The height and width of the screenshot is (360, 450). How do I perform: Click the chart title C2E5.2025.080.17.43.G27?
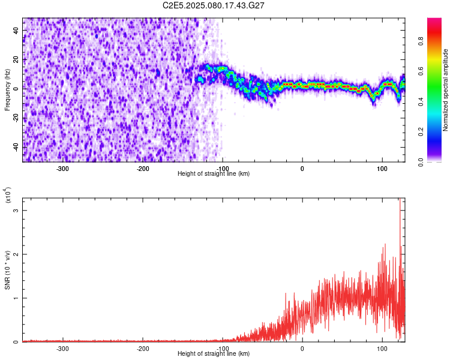[x=214, y=5]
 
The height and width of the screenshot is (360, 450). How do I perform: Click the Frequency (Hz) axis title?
[x=7, y=90]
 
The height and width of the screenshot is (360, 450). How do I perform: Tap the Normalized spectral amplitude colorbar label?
[x=446, y=90]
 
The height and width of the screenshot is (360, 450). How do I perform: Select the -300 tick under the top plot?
[x=63, y=169]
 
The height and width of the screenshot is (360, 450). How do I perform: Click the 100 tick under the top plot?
[x=382, y=169]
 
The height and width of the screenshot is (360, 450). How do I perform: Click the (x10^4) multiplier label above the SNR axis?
[x=8, y=195]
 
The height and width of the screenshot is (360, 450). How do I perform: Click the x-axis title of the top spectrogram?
[x=214, y=173]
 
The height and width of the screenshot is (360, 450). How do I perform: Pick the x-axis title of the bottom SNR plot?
[x=214, y=353]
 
